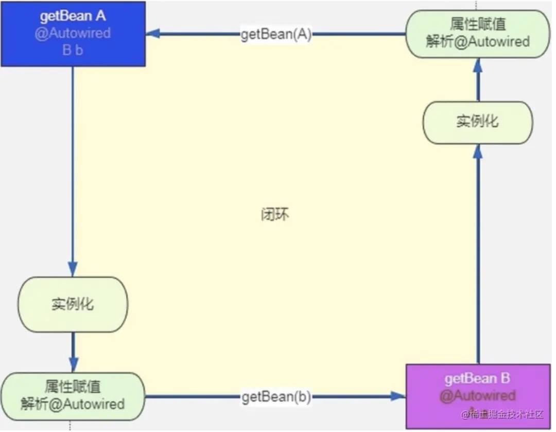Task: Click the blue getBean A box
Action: [73, 33]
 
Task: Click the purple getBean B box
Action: [478, 395]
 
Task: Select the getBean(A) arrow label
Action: [276, 35]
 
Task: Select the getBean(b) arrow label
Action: [276, 397]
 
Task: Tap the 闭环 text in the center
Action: [275, 214]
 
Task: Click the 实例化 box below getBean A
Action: [73, 304]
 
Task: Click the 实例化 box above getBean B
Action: [477, 122]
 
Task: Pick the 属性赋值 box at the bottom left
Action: [73, 395]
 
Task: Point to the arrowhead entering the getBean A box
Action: [152, 34]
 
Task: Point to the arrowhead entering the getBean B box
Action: [398, 396]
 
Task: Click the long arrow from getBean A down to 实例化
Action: [73, 170]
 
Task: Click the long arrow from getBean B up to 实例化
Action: [478, 257]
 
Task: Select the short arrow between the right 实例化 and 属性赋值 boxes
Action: [478, 80]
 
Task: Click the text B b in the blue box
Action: [73, 50]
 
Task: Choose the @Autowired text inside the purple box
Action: [477, 395]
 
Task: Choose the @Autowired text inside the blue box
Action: [73, 33]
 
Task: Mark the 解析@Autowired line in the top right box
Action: [477, 42]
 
